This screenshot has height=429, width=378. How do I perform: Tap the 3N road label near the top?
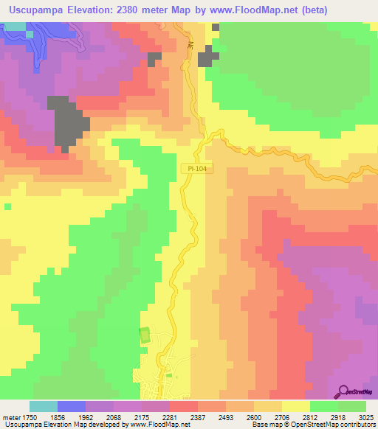[x=190, y=46]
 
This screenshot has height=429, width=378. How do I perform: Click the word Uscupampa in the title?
[x=35, y=10]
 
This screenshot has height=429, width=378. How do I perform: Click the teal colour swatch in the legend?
[x=43, y=406]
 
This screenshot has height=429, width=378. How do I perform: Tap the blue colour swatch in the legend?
[x=71, y=406]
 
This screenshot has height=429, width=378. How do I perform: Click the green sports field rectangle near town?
[x=144, y=335]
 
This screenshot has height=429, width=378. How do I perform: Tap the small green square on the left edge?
[x=7, y=207]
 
